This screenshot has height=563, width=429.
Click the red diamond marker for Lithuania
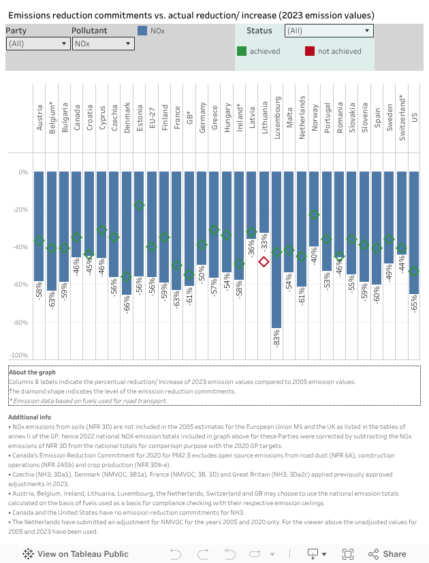[264, 261]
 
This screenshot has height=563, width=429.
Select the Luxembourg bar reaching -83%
[276, 272]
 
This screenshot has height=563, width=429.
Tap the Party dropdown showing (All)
[38, 44]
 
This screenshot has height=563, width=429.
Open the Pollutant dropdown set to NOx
[103, 44]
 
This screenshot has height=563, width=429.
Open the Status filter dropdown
[329, 31]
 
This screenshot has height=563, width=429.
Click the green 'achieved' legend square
[242, 51]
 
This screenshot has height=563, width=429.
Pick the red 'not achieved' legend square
[310, 51]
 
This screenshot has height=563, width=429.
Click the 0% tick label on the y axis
[23, 172]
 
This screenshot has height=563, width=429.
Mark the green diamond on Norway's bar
[314, 214]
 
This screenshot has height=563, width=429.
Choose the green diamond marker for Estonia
[139, 205]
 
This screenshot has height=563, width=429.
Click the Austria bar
[39, 225]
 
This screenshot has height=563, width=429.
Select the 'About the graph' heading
[32, 372]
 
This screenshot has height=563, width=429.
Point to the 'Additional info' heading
[29, 417]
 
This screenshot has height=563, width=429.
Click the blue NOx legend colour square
[142, 31]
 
